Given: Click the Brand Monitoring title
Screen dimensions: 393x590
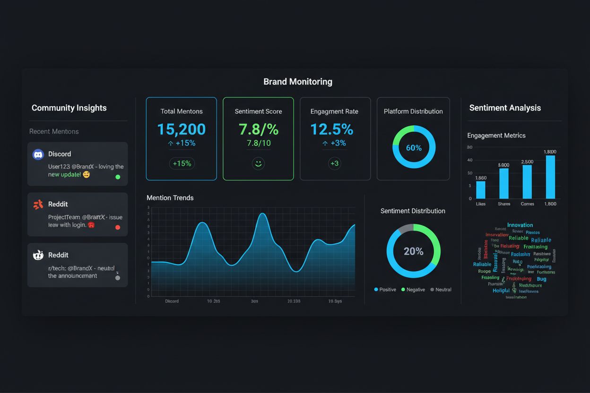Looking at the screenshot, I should click(x=297, y=82).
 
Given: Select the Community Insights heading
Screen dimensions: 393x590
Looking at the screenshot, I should click(x=69, y=108).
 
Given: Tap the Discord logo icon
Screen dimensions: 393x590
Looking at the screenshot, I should click(x=38, y=154).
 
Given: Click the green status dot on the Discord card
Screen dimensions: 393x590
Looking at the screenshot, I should click(x=118, y=177).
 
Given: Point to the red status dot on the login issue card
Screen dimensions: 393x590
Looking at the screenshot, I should click(x=118, y=227).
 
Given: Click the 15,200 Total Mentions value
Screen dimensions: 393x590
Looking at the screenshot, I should click(x=181, y=129).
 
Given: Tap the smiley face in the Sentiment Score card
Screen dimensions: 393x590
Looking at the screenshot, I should click(x=258, y=163).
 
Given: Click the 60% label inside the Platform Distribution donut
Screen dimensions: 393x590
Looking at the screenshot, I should click(x=414, y=148).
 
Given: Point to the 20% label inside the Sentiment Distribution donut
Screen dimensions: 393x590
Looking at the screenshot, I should click(x=413, y=251).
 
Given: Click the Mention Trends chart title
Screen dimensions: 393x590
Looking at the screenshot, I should click(x=170, y=198).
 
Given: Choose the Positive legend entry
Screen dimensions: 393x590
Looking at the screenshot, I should click(x=385, y=290).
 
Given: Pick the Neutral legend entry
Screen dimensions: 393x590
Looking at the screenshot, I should click(x=441, y=290).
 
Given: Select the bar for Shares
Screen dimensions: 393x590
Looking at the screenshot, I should click(x=504, y=183).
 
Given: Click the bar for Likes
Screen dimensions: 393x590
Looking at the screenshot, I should click(x=481, y=189).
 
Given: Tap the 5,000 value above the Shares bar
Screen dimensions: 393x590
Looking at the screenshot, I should click(x=503, y=165).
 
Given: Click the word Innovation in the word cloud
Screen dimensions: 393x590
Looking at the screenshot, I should click(x=520, y=225).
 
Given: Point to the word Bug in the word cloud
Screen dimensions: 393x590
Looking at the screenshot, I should click(x=541, y=279).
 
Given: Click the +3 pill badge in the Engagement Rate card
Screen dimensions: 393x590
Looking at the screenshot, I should click(x=334, y=163).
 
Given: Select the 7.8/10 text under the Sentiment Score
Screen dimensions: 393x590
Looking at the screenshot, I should click(x=258, y=143).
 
